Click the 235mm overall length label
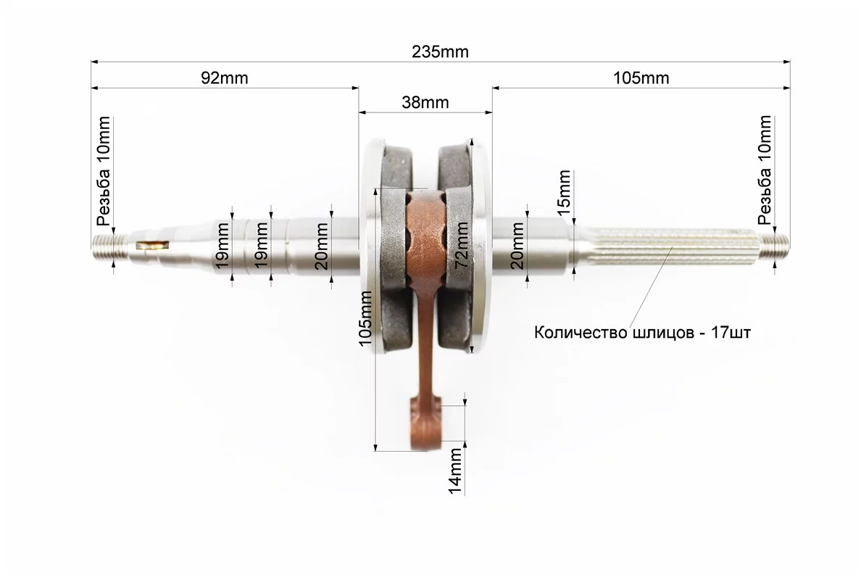tap(440, 51)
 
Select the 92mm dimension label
tap(224, 78)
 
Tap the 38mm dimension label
tap(425, 102)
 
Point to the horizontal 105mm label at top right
tap(641, 78)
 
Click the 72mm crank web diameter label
tap(462, 244)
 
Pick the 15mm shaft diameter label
tap(564, 189)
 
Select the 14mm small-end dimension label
tap(455, 471)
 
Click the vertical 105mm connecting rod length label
tap(365, 318)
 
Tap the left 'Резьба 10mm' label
tap(103, 171)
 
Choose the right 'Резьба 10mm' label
tap(765, 170)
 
